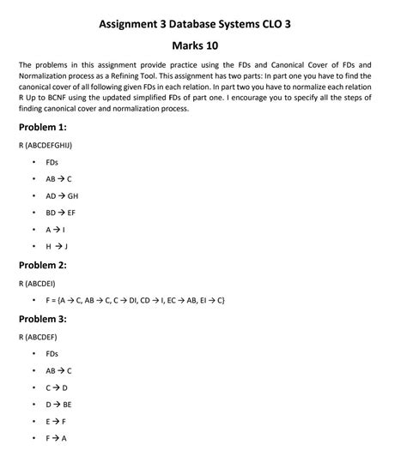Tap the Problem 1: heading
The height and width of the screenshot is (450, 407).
(42, 127)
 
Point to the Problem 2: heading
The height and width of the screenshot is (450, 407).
(42, 266)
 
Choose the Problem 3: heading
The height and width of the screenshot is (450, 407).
(42, 320)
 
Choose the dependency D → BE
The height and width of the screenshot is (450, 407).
(59, 403)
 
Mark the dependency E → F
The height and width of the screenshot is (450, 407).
(57, 420)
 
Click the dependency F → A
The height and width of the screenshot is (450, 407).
(57, 437)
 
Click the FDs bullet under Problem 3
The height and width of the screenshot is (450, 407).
(53, 354)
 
